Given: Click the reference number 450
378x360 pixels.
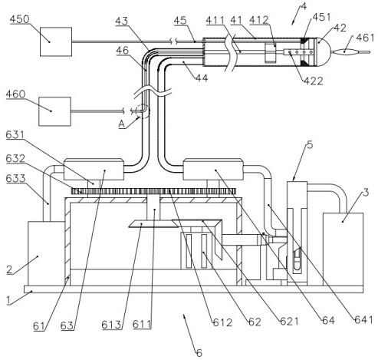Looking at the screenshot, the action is (x=20, y=19).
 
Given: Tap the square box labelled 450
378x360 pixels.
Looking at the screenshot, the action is (x=56, y=41).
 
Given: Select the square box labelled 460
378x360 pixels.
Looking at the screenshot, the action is (x=54, y=111).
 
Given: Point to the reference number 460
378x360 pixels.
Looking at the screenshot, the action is (x=16, y=94).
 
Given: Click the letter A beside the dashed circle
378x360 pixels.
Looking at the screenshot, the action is (x=122, y=124).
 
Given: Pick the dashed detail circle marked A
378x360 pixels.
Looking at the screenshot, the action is (x=143, y=111).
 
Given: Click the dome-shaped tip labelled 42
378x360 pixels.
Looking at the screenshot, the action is (x=324, y=52).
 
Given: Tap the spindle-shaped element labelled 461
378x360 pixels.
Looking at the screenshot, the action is (x=344, y=52).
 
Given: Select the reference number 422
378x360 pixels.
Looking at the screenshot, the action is (x=314, y=81).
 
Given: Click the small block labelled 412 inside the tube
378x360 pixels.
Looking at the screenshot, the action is (x=271, y=53).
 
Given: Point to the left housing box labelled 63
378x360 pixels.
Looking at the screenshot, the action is (x=94, y=170).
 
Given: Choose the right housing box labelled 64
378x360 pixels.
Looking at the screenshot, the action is (x=213, y=170).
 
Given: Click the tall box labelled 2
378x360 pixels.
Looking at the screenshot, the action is (x=46, y=254).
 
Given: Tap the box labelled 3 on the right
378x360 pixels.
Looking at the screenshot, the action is (x=343, y=249).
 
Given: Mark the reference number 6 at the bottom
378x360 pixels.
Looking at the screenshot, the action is (x=199, y=353).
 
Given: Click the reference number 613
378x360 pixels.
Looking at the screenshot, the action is (x=111, y=325).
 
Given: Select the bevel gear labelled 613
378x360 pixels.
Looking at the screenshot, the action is (x=153, y=224).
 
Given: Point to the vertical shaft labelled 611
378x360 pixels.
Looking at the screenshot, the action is (x=154, y=208).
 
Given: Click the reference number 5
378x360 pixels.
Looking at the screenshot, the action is (x=310, y=145).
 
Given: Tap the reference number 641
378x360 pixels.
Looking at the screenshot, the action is (x=363, y=319).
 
